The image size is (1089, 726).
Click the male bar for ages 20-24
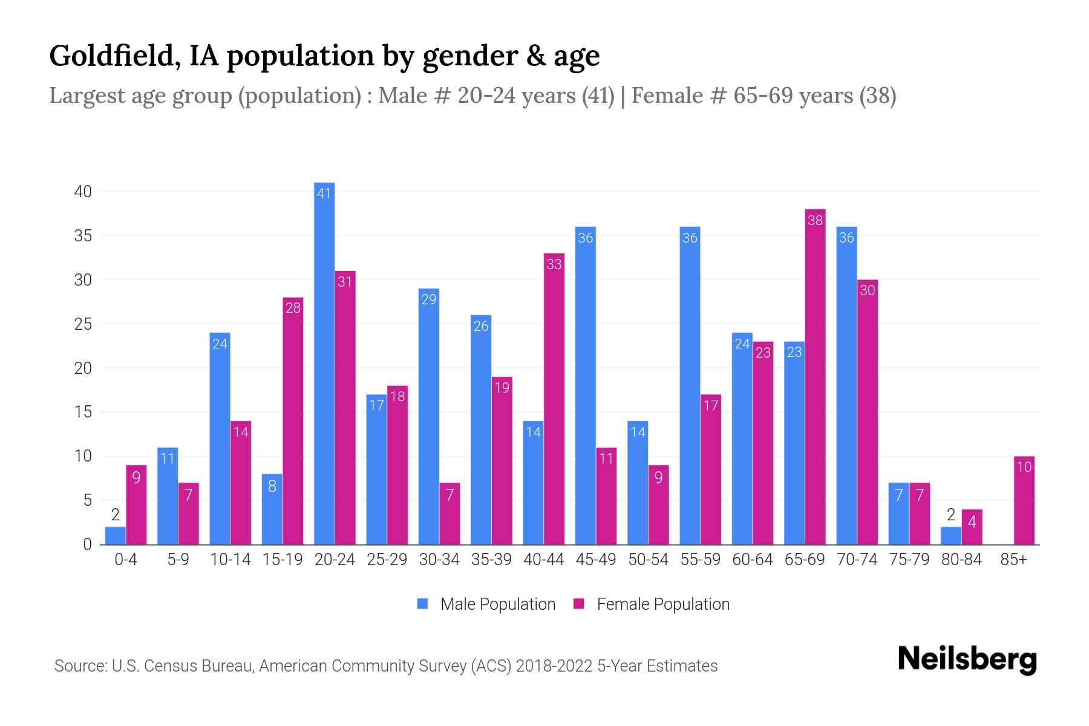coord(324,363)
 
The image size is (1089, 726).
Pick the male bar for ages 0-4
coord(116,535)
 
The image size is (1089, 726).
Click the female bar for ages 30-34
coord(450,514)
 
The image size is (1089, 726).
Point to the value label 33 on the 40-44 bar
coord(554,264)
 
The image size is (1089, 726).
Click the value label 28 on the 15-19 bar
coord(293,308)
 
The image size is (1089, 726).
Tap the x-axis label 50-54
coord(648,560)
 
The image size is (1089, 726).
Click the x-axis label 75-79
coord(909,560)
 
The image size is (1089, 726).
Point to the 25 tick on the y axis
coord(83,324)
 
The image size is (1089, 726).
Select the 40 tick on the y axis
coord(83,192)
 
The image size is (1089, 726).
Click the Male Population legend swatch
coord(422,604)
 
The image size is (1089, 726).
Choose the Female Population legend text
coord(662,604)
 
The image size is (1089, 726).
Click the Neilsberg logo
coord(967,659)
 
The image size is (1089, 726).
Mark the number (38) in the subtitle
coord(877,96)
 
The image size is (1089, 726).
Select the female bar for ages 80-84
coord(972,527)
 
